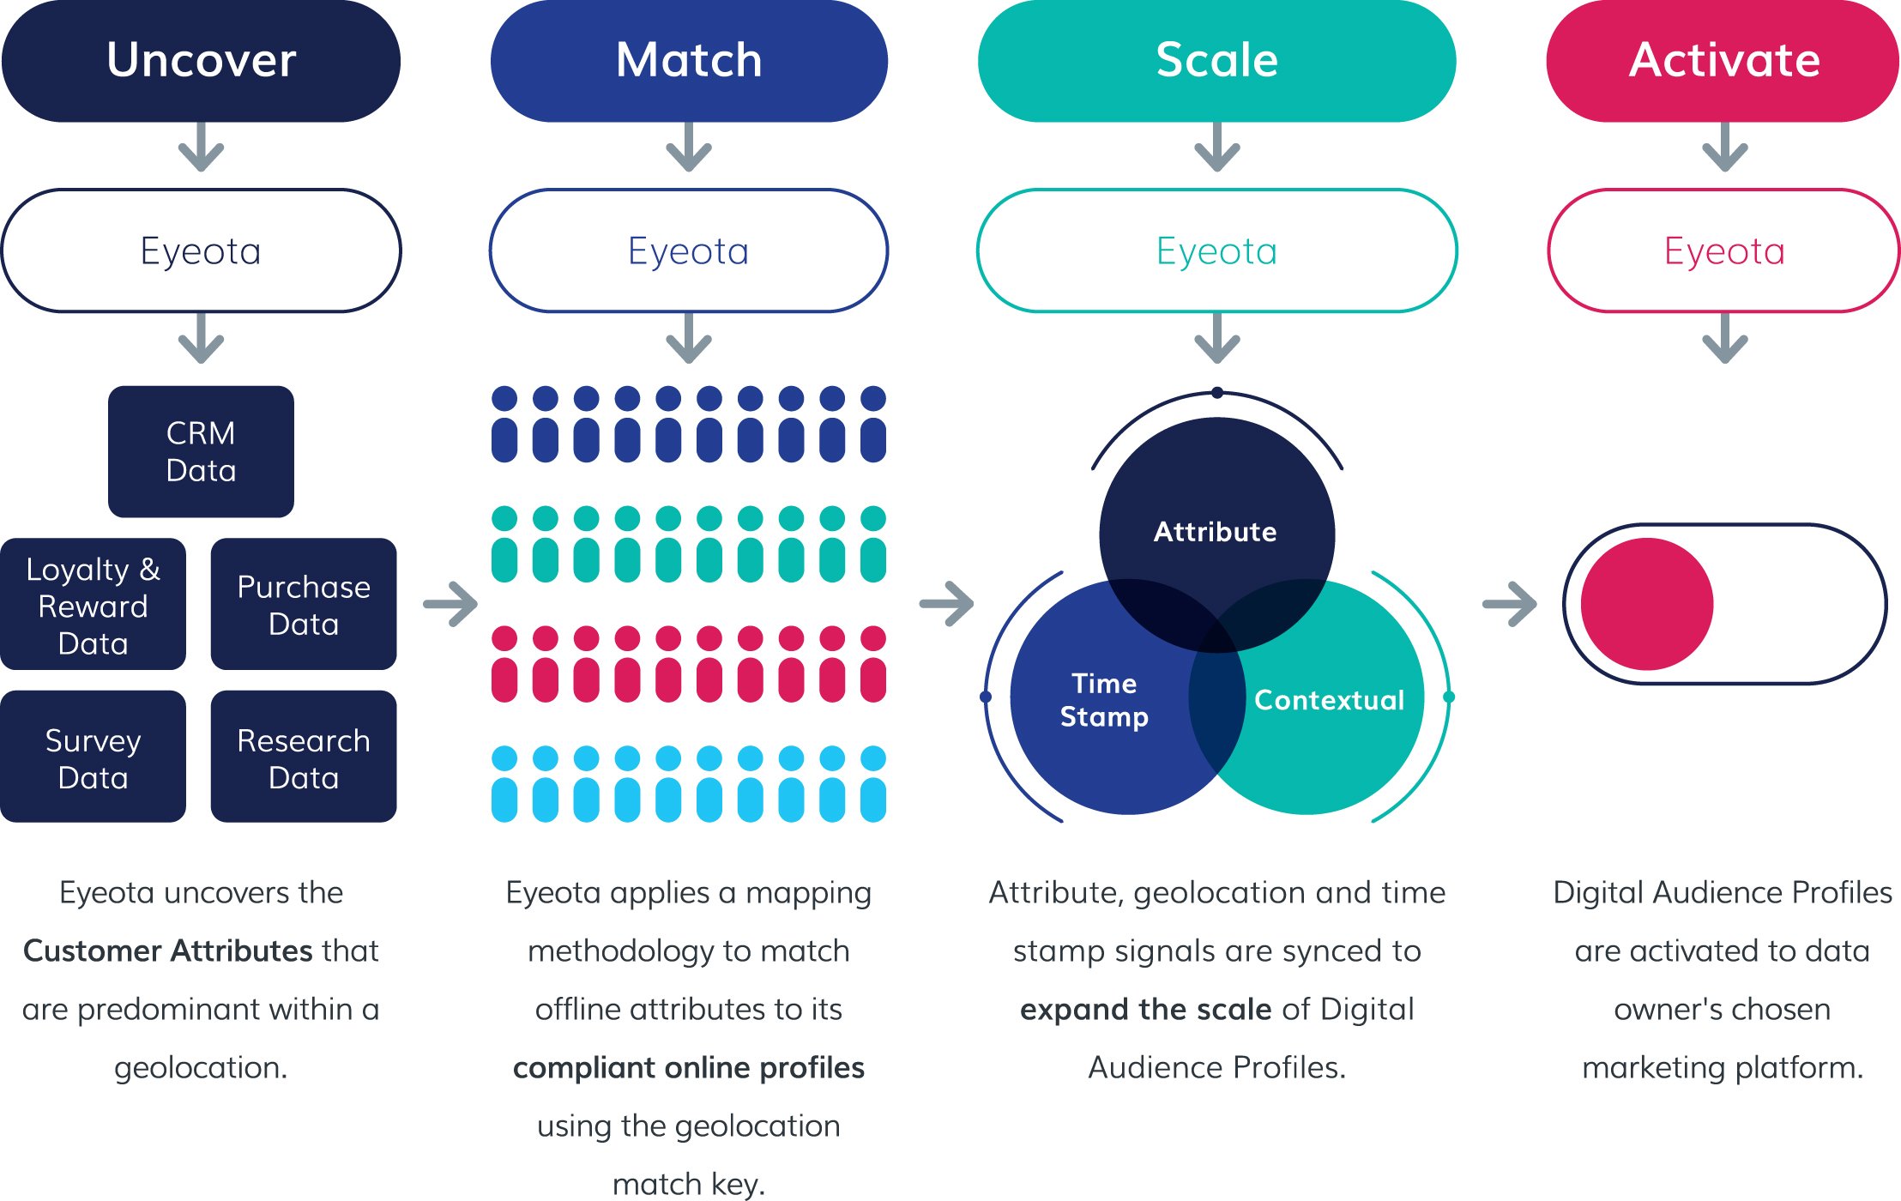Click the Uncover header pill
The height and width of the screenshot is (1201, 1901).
(x=201, y=60)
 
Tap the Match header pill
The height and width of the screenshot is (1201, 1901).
(x=689, y=60)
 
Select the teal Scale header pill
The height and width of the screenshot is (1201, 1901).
(x=1216, y=60)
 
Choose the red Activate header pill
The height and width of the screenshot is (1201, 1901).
(x=1723, y=60)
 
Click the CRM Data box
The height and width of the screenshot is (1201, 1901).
(x=201, y=451)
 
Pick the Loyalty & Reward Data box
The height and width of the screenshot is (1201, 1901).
(x=93, y=605)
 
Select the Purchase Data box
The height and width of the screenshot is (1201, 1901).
(x=304, y=605)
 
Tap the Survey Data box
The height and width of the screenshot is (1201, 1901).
(x=93, y=757)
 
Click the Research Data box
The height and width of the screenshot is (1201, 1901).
(x=304, y=757)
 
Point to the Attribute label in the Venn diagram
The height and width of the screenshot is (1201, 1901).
(x=1215, y=532)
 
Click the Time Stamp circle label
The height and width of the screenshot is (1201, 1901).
(x=1104, y=699)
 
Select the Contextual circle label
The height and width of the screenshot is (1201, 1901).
(x=1329, y=700)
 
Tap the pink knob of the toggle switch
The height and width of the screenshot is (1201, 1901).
(x=1646, y=604)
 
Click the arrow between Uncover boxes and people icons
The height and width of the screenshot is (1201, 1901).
(x=451, y=604)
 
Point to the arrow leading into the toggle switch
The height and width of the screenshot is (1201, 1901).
(x=1510, y=604)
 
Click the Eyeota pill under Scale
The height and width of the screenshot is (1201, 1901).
(x=1216, y=250)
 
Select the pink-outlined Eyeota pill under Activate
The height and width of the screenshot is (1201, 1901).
(x=1723, y=250)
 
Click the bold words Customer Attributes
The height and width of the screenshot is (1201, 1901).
(x=168, y=951)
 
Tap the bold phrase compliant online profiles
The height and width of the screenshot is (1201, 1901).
(x=688, y=1067)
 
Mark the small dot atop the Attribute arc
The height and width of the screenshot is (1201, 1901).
(x=1217, y=393)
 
